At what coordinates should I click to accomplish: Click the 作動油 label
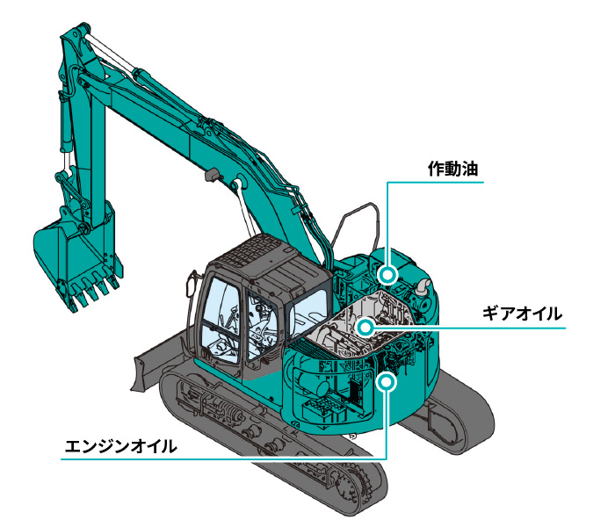tap(452, 169)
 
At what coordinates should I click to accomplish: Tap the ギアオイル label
tap(522, 314)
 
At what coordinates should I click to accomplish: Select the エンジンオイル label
tap(121, 446)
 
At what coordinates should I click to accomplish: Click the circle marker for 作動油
tap(387, 274)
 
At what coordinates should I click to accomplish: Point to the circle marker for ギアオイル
tap(365, 327)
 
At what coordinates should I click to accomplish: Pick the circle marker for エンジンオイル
tap(387, 380)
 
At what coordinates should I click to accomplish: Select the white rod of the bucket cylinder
tap(67, 162)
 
